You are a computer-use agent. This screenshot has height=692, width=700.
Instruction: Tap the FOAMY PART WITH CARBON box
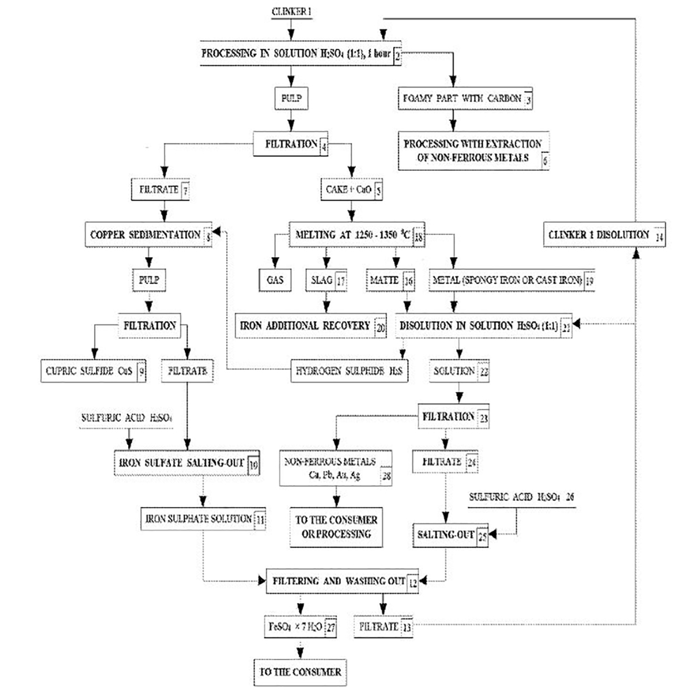[x=466, y=99]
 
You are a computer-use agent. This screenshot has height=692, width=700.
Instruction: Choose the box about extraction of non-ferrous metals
[x=473, y=150]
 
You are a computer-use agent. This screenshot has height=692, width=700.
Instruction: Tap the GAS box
[x=275, y=280]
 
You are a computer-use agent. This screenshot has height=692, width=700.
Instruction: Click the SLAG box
[x=325, y=280]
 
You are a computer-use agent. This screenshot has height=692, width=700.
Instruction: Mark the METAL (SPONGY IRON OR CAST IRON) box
[x=512, y=280]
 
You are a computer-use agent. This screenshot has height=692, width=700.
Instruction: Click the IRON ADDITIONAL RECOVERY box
[x=312, y=326]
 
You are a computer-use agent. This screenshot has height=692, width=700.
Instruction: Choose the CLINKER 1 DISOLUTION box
[x=604, y=235]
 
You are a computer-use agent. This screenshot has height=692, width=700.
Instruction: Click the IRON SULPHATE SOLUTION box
[x=204, y=519]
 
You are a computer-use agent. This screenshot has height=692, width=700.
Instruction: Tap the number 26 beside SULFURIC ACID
[x=570, y=497]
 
